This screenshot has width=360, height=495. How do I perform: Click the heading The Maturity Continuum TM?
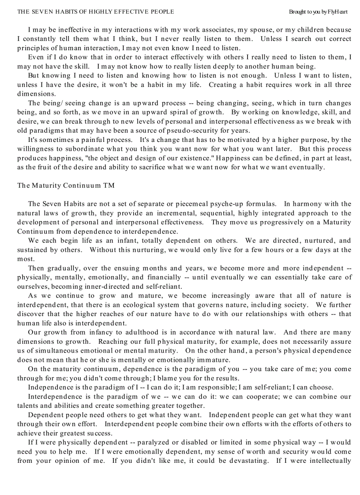point(66,186)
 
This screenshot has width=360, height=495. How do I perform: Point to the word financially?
point(162,277)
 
